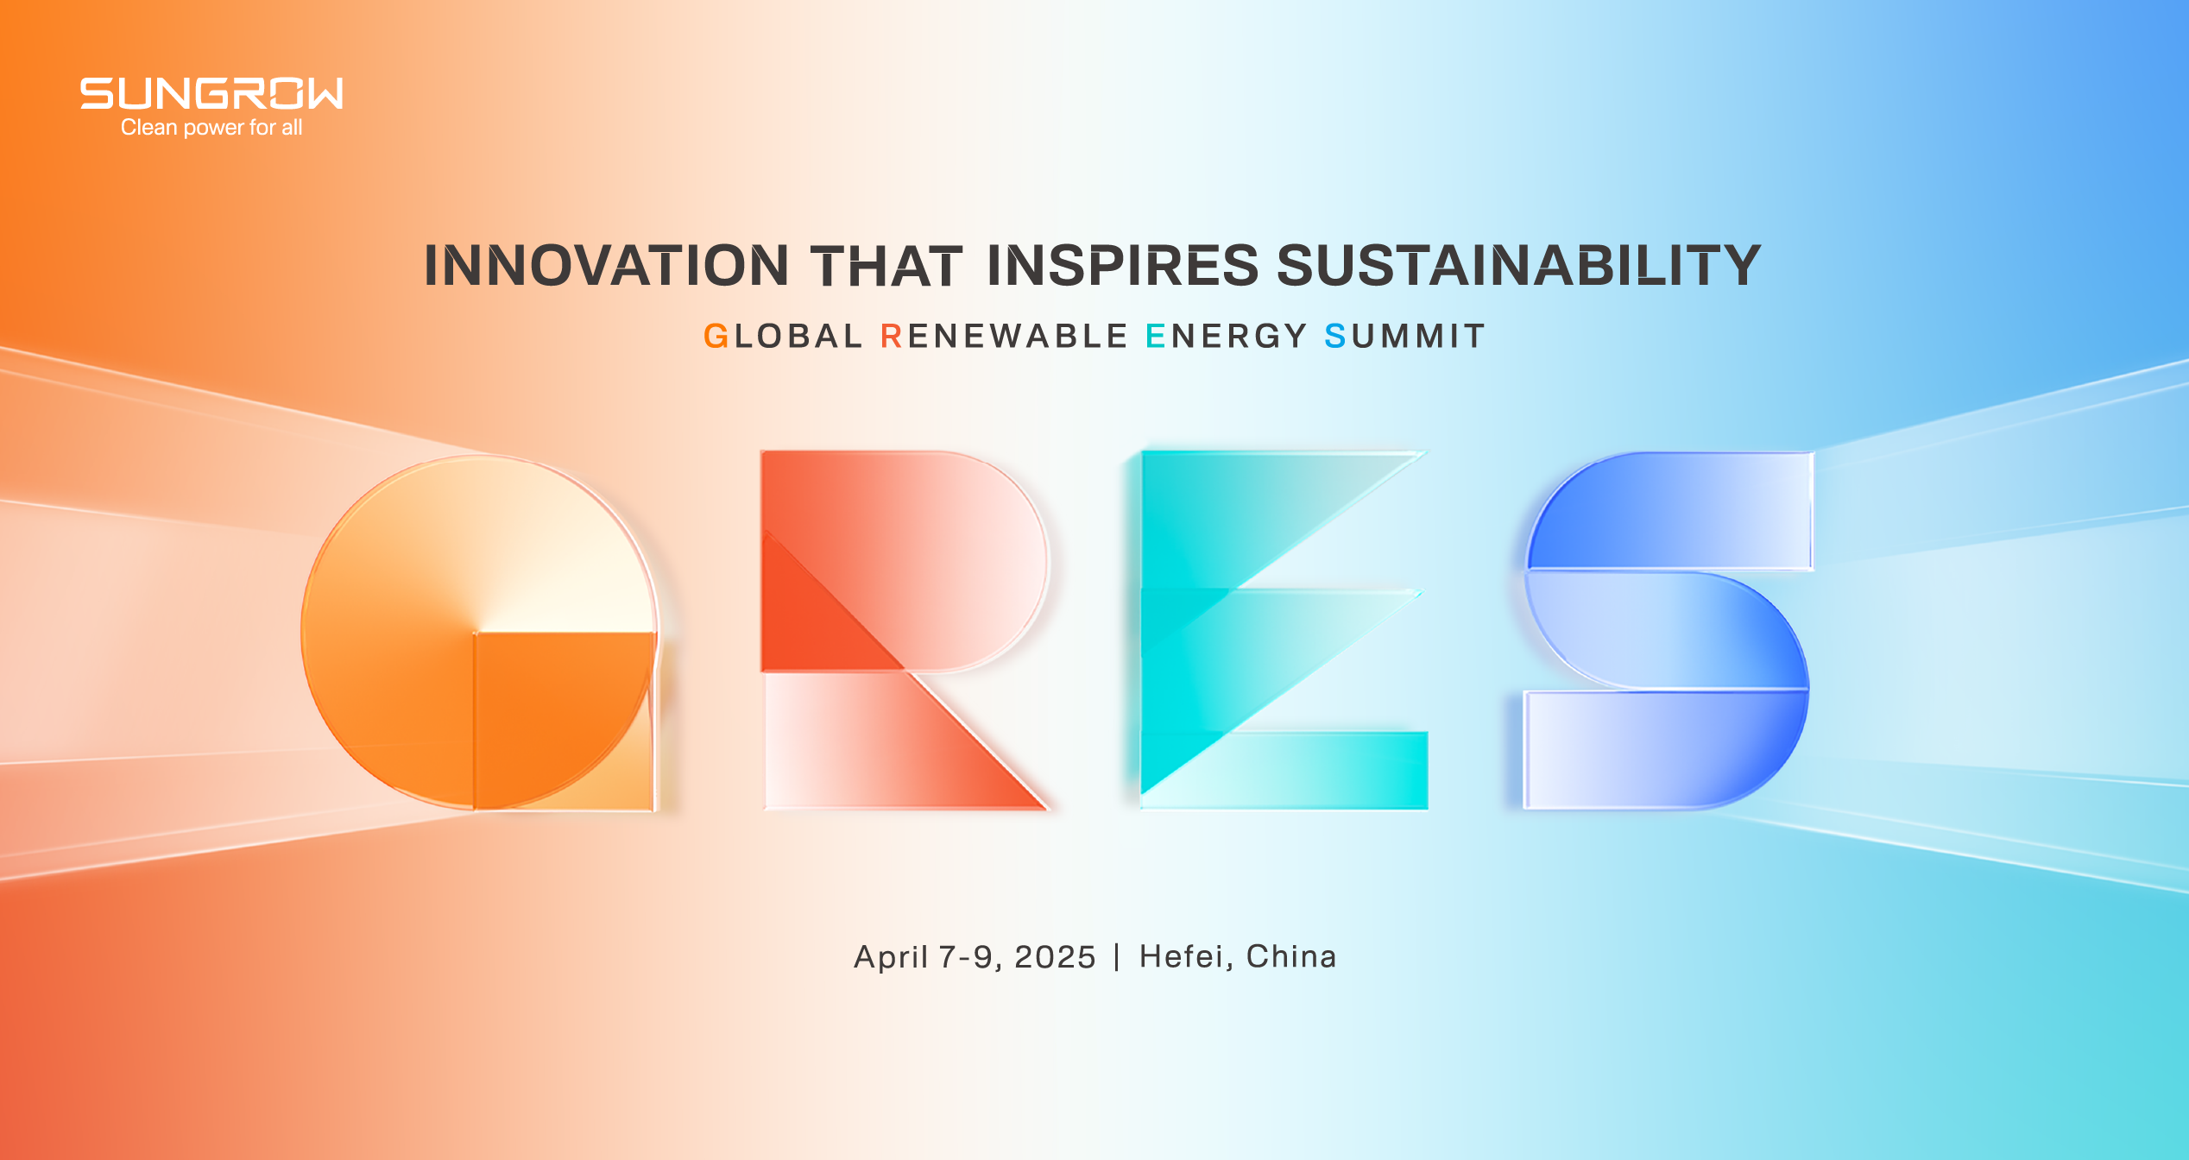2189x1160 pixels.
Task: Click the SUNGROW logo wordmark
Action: pyautogui.click(x=211, y=93)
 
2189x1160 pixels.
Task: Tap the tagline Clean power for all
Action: pyautogui.click(x=211, y=128)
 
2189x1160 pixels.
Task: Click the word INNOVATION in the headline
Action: pyautogui.click(x=606, y=265)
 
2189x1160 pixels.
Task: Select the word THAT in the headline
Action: pyautogui.click(x=886, y=265)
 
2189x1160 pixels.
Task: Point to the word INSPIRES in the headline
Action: pyautogui.click(x=1122, y=265)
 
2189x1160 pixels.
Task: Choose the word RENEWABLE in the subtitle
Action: pyautogui.click(x=1004, y=336)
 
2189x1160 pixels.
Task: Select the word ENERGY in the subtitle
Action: pyautogui.click(x=1227, y=336)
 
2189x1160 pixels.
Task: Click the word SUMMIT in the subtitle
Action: pyautogui.click(x=1405, y=336)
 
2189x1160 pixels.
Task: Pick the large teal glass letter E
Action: pyautogui.click(x=1277, y=630)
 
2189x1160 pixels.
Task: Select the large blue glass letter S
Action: pyautogui.click(x=1666, y=630)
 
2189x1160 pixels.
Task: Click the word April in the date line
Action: pyautogui.click(x=891, y=957)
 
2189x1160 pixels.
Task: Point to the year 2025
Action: pyautogui.click(x=1055, y=957)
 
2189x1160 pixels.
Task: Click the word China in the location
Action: pyautogui.click(x=1291, y=957)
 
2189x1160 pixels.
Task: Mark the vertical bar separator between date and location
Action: pyautogui.click(x=1117, y=957)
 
